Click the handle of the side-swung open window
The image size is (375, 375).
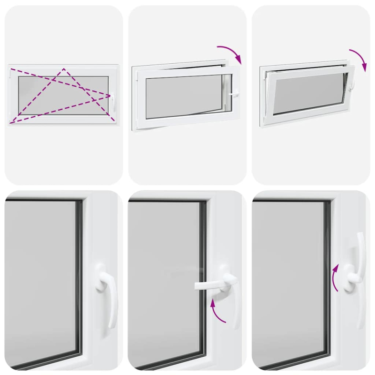[233, 95]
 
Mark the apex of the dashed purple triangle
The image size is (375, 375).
[64, 69]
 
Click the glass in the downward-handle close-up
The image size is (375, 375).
[42, 281]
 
